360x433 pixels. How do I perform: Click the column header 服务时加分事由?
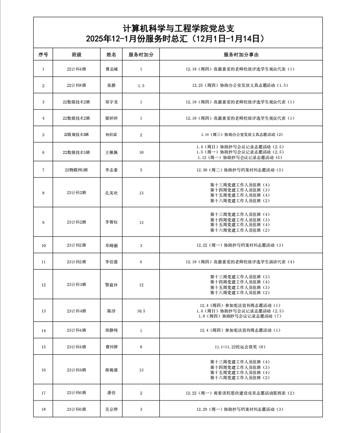241,55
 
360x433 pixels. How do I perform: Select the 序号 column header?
43,55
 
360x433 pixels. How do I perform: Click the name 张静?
111,85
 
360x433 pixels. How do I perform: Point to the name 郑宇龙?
111,102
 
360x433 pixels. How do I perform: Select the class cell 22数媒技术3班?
76,135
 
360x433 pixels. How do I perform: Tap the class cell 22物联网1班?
76,170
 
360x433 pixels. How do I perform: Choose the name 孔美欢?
111,193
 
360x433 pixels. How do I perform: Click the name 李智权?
111,222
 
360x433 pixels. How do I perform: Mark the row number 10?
43,246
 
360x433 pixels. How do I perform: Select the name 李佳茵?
111,262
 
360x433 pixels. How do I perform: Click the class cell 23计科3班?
76,285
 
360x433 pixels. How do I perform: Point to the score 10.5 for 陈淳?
141,311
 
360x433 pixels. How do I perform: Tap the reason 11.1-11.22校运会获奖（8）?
241,347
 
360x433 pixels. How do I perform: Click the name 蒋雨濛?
111,370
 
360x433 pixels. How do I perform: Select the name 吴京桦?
111,409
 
